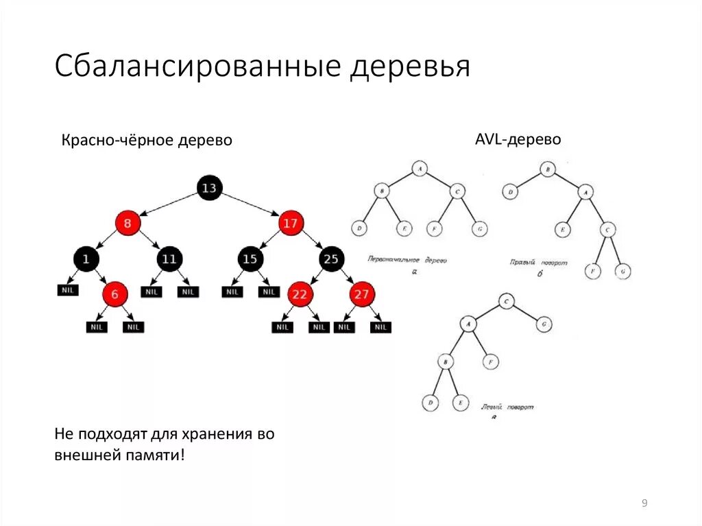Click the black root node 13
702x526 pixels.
tap(209, 188)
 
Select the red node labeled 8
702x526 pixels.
tap(128, 223)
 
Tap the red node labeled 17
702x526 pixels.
tap(291, 223)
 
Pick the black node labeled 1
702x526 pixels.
tap(86, 259)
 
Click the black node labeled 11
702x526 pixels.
tap(169, 259)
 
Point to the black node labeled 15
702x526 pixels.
tap(250, 259)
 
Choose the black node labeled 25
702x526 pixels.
tap(331, 259)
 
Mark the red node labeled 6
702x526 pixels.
tap(115, 294)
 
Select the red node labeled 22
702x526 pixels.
tap(299, 294)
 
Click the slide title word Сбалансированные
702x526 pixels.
tap(198, 67)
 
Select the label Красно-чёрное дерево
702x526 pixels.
tap(147, 140)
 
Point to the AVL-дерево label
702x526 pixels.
tap(518, 139)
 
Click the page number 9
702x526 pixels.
tap(644, 504)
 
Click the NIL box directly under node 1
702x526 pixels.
tap(67, 290)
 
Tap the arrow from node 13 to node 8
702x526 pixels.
tap(169, 205)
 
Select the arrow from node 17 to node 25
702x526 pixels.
tap(312, 241)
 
